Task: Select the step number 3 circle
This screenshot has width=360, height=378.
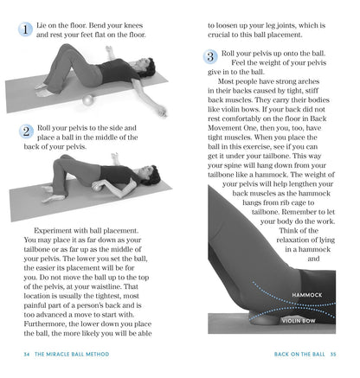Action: click(211, 57)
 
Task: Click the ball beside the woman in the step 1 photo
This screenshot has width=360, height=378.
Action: click(88, 101)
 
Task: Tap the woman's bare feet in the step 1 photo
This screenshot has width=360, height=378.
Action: click(44, 89)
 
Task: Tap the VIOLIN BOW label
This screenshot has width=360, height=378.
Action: click(299, 319)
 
